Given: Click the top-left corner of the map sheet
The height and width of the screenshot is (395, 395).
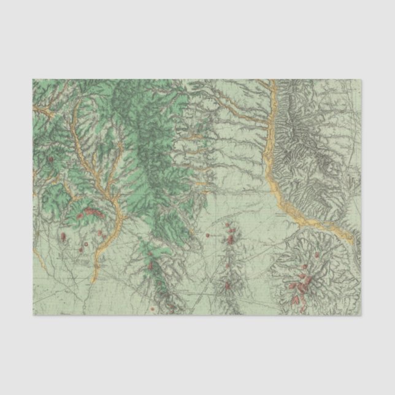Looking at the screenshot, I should [33, 79].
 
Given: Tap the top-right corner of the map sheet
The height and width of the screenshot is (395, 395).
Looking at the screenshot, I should [362, 79].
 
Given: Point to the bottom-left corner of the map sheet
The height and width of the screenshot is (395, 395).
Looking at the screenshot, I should [33, 316].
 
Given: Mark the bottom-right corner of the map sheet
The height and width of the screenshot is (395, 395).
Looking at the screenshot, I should [362, 316].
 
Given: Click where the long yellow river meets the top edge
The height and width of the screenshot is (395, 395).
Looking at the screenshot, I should [269, 80].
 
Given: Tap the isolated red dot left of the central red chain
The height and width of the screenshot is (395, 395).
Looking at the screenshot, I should [208, 235].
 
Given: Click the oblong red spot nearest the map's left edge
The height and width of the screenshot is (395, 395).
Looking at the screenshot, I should [63, 236].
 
